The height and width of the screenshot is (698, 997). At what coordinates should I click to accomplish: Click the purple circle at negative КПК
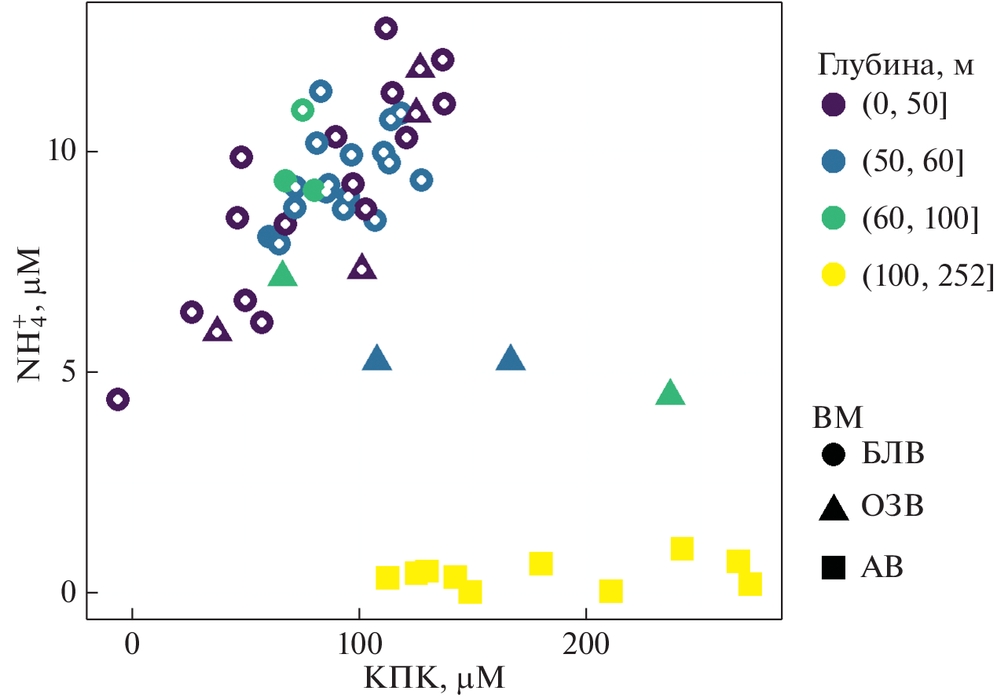click(118, 400)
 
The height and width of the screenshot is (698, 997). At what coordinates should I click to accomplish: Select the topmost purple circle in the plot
click(386, 29)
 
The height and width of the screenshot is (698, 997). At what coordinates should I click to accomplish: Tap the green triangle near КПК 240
click(670, 393)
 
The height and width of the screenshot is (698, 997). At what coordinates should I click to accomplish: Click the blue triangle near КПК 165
click(511, 358)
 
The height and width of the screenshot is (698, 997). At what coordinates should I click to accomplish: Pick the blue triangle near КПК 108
click(377, 358)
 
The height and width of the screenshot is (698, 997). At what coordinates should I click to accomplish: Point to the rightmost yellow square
click(750, 584)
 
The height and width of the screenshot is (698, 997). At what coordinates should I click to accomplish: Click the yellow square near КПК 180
click(541, 564)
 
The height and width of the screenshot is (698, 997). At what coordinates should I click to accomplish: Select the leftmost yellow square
click(387, 578)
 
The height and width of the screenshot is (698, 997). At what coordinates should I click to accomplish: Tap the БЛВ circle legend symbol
click(833, 454)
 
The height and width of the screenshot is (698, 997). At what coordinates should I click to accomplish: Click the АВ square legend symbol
click(833, 566)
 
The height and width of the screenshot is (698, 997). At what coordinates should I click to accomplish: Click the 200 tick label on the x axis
click(586, 640)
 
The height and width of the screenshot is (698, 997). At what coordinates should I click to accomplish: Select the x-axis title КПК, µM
click(434, 676)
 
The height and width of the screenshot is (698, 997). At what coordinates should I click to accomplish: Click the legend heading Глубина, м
click(896, 65)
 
